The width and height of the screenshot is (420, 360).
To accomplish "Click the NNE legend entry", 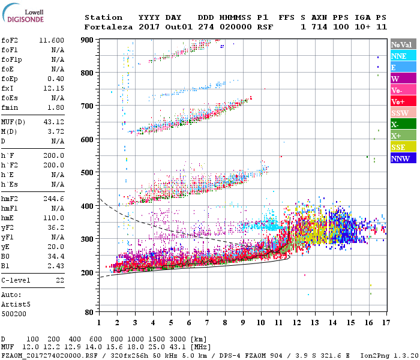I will point(399,56).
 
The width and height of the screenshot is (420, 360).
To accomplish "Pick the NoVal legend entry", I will point(401,44).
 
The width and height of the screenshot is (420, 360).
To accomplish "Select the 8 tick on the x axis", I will point(225,322).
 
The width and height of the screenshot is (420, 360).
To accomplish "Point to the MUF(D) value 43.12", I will point(53,122).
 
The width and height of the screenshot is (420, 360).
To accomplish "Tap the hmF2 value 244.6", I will point(53,198).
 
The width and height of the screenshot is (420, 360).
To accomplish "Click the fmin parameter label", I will point(10,107).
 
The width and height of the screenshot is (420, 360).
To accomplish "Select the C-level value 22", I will point(60,280).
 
